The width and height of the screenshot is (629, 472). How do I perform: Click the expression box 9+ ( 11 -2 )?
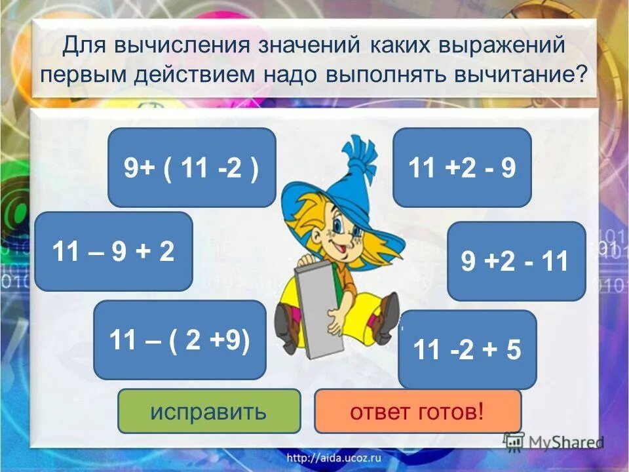pos(191,167)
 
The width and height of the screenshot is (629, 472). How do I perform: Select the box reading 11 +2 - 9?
pos(462,167)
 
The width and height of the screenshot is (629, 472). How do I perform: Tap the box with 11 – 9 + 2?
pos(113,251)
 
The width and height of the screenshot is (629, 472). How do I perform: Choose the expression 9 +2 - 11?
pos(516,261)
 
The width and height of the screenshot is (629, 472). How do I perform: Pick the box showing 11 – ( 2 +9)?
pos(180,340)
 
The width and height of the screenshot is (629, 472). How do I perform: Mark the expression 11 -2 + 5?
pos(467,349)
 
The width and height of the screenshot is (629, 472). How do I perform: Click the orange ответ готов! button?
pos(417,411)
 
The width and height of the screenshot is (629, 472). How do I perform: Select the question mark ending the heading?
pos(580,73)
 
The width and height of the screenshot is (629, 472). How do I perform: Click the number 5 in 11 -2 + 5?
pos(513,349)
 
